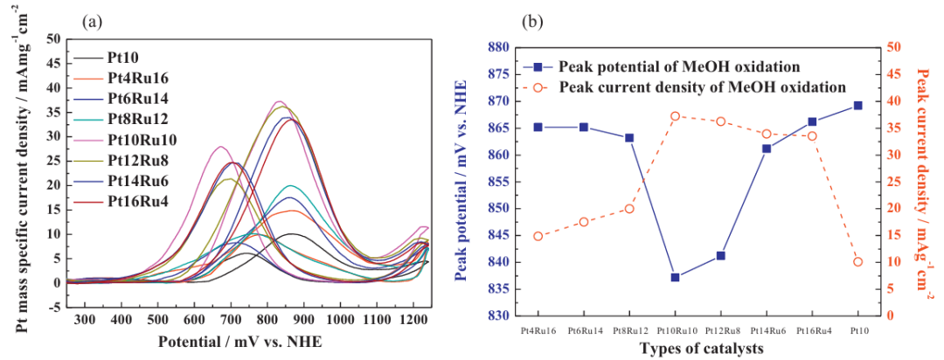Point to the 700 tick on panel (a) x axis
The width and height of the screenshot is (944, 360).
231,320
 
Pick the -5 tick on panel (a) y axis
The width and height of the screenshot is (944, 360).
52,308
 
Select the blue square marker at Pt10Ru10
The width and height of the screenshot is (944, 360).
675,277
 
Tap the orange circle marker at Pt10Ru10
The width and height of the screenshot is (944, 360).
675,116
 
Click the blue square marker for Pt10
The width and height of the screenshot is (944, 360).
857,106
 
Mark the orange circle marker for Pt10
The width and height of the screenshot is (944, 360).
857,262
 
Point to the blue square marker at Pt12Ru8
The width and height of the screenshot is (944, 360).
720,256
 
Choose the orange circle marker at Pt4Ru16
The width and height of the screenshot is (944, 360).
538,236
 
